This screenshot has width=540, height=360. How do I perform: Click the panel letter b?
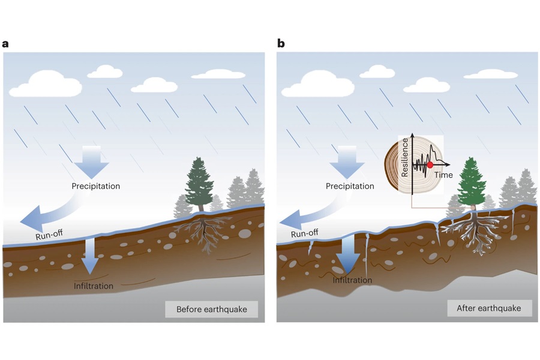[x=281, y=43]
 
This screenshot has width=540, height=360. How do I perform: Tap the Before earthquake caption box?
[x=211, y=310]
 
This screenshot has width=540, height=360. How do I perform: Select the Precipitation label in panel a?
[x=95, y=186]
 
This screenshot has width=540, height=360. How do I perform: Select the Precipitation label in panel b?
[x=350, y=186]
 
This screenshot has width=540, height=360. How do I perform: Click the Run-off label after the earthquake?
[x=304, y=233]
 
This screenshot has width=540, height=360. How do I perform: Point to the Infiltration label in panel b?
[x=352, y=280]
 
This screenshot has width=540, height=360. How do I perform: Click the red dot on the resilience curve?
[x=430, y=164]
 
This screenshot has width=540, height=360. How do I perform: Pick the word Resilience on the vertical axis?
[x=405, y=157]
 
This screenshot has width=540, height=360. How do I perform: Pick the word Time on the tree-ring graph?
[x=443, y=175]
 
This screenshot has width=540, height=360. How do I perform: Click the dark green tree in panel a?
[x=199, y=183]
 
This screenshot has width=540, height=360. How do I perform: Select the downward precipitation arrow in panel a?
[x=92, y=161]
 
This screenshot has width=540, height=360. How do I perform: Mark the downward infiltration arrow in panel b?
[x=347, y=255]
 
